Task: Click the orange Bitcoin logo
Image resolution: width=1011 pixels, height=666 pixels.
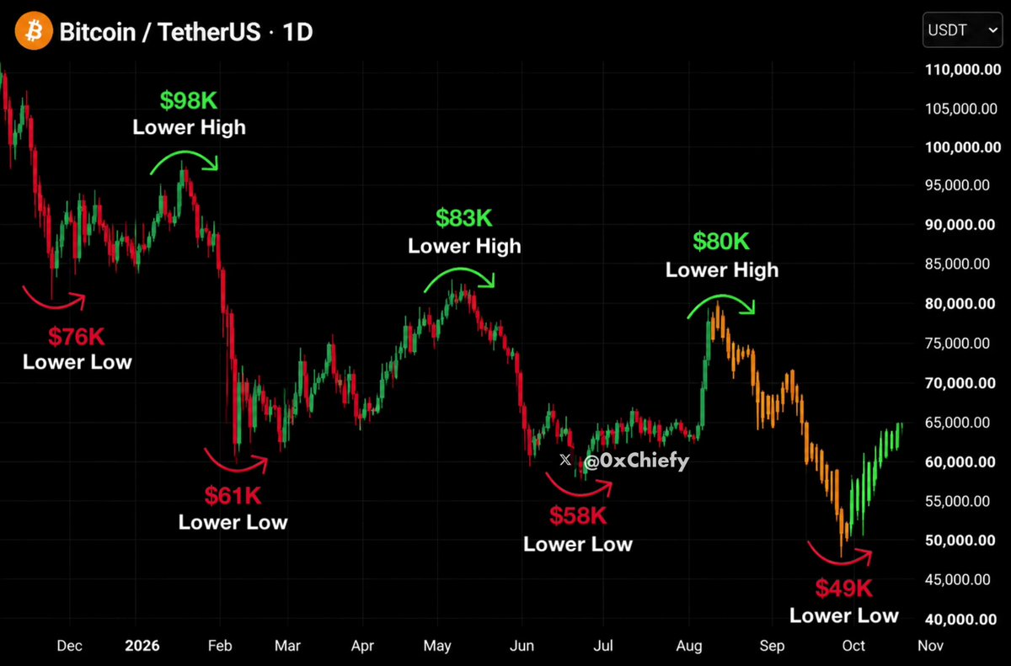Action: point(34,30)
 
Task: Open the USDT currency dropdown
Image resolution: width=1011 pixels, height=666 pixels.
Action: point(962,29)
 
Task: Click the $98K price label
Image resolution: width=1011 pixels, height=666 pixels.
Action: point(189,100)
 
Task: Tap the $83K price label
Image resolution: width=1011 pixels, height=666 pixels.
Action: point(464,218)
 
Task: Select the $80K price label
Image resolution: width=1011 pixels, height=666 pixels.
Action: point(721,242)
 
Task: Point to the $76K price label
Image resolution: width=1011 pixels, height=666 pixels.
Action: point(77,337)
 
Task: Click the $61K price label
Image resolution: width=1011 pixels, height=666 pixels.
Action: point(233,496)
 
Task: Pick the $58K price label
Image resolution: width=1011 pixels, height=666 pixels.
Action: point(578,516)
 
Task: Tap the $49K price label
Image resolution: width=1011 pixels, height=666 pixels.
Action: point(844,589)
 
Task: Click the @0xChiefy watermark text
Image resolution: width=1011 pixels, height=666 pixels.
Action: point(636,461)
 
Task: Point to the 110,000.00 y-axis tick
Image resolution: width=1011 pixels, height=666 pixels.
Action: point(963,69)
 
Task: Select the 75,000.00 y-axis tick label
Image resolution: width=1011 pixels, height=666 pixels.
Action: point(957,344)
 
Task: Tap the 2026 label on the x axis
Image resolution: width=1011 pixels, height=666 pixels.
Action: point(142,646)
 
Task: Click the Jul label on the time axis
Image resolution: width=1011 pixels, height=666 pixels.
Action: point(603,646)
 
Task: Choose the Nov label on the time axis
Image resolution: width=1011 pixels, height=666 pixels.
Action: point(931,646)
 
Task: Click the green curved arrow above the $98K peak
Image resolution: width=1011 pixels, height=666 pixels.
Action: point(185,152)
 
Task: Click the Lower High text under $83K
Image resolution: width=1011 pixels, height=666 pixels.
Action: point(464,246)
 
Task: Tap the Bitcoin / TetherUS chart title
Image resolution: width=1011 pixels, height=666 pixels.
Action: point(160,32)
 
